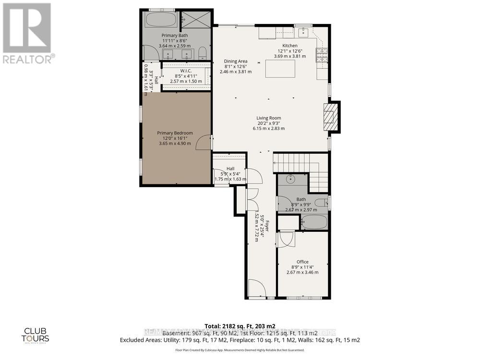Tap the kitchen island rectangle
(x=281, y=69)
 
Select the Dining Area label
(x=236, y=61)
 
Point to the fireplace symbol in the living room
(x=331, y=117)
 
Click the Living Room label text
(x=269, y=118)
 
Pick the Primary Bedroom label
(x=175, y=133)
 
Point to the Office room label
(x=302, y=262)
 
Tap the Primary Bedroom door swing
(x=205, y=142)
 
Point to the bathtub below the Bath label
(x=314, y=222)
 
